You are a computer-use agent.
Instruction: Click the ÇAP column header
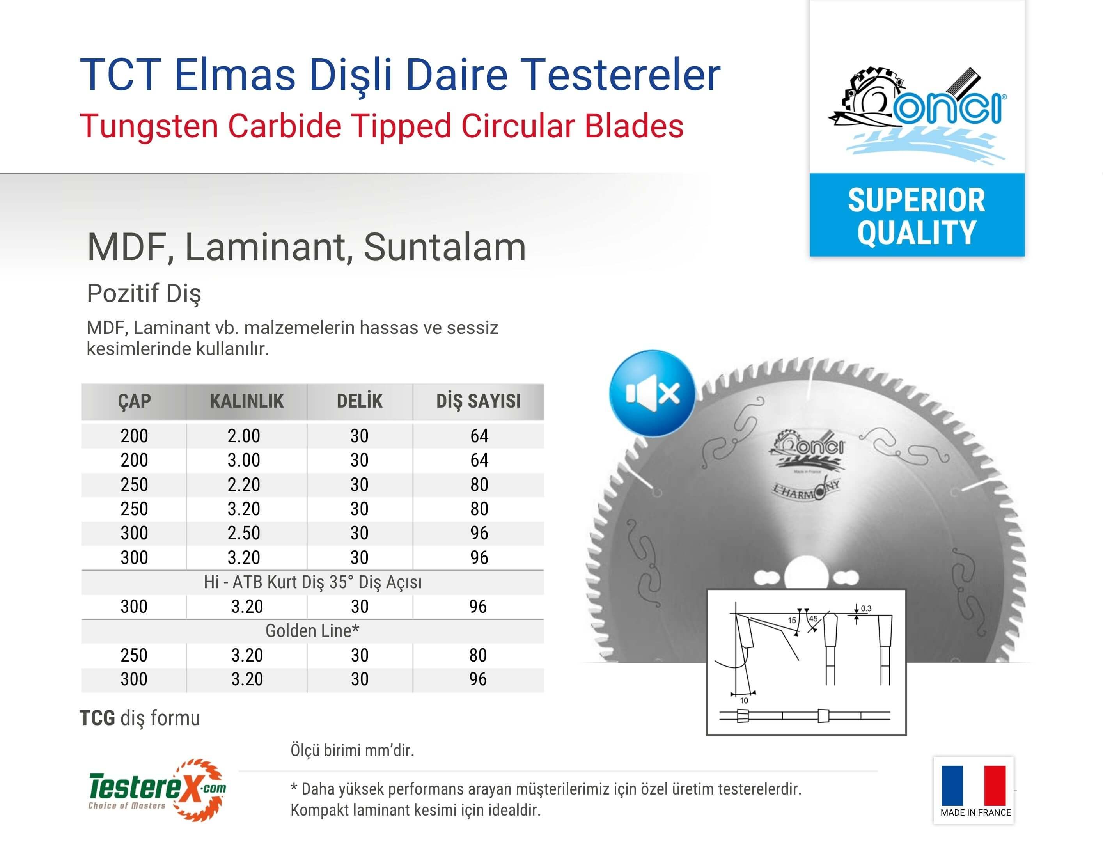coord(134,401)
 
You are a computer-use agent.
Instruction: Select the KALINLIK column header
coord(246,401)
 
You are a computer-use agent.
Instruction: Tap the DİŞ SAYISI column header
coord(478,401)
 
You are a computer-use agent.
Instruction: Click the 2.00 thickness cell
coord(244,436)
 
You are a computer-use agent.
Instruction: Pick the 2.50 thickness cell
coord(244,533)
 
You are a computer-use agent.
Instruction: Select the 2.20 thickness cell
coord(244,484)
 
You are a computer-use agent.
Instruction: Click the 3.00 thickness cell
coord(244,460)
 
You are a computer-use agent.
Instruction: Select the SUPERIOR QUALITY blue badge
coord(917,215)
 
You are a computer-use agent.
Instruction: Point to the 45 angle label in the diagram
coord(813,619)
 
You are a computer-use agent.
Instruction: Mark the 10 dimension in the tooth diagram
coord(744,701)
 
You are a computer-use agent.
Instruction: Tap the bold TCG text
coord(98,718)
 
